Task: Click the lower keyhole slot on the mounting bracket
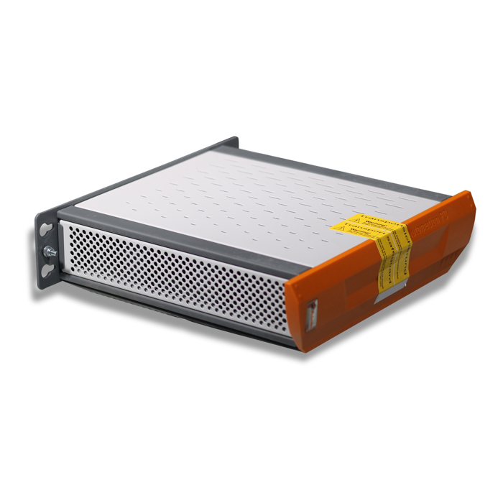pyautogui.click(x=47, y=271)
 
